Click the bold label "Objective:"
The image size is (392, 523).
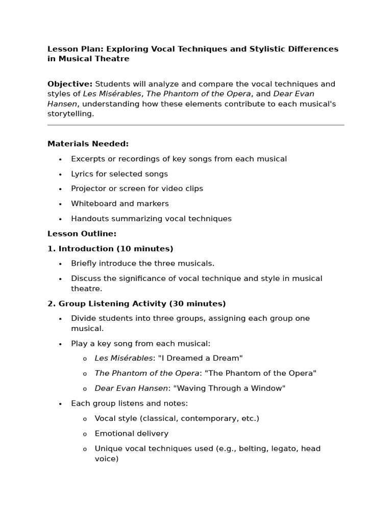point(70,84)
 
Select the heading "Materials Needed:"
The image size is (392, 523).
point(88,144)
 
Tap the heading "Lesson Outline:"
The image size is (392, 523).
point(82,233)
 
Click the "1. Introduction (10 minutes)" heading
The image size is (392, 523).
point(110,249)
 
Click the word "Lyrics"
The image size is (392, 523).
point(82,174)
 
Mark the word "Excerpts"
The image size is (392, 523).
point(89,159)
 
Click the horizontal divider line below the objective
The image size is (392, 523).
point(195,125)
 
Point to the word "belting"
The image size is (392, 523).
point(256,448)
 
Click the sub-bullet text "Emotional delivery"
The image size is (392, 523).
point(131,434)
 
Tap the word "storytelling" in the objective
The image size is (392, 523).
point(70,114)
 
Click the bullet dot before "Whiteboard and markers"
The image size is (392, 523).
point(60,204)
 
